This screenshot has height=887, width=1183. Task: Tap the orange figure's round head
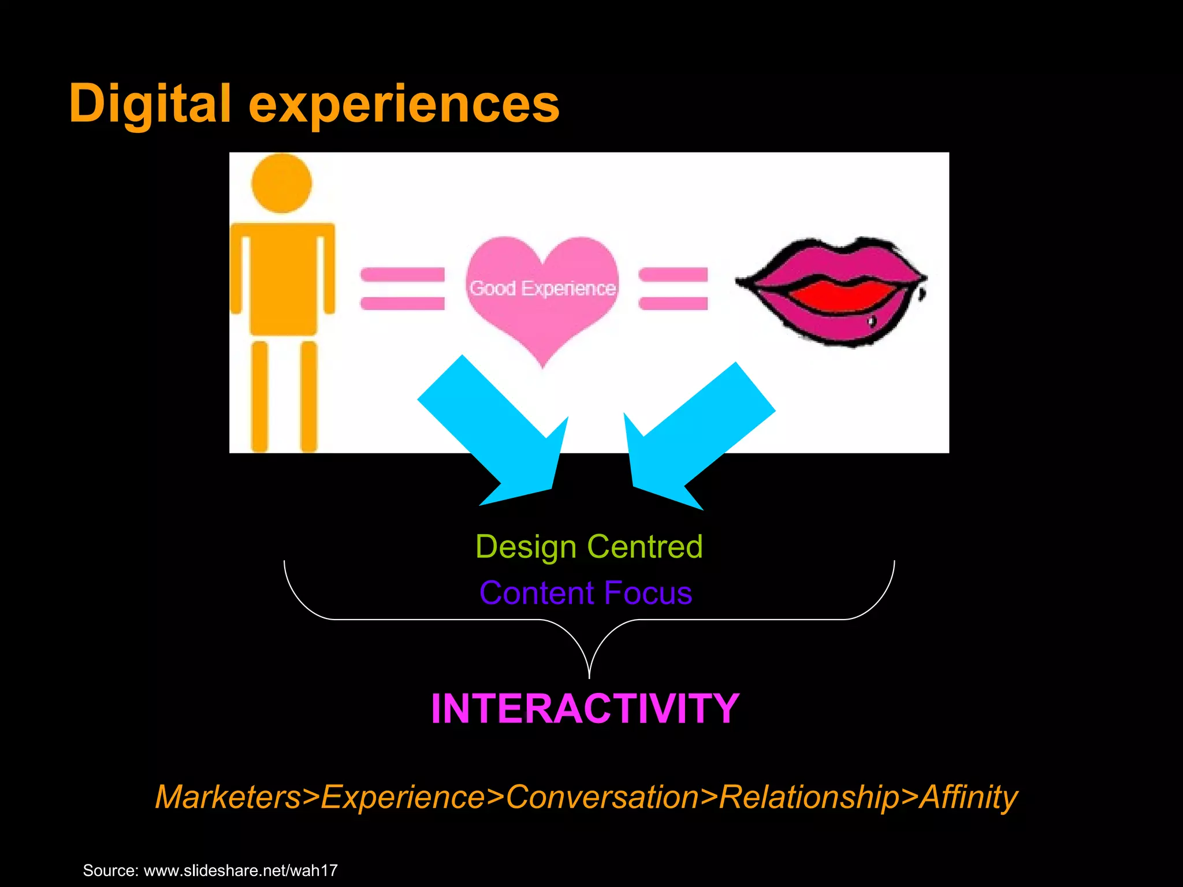tap(282, 184)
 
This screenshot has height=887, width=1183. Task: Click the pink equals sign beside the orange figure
tap(403, 289)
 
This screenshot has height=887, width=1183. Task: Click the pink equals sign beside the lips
tap(673, 289)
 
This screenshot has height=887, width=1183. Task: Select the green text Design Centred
tap(589, 546)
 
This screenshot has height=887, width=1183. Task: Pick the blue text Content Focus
tap(586, 593)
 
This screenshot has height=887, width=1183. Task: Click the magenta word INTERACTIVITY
tap(585, 709)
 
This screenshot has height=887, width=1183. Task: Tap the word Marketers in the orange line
tap(229, 797)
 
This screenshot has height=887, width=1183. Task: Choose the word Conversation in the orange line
tap(602, 797)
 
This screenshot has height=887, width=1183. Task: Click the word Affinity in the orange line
tap(969, 797)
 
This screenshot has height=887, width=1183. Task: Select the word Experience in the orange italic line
tap(403, 797)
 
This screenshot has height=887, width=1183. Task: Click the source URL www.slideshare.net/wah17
tap(240, 870)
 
